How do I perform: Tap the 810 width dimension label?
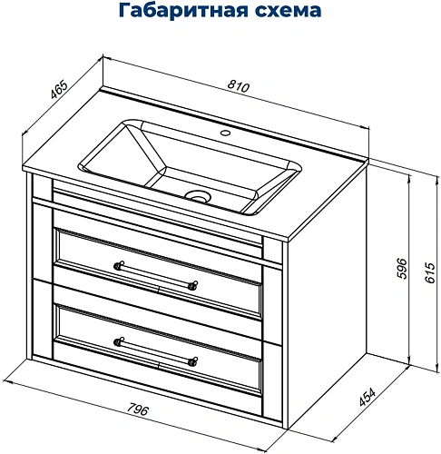pyautogui.click(x=239, y=84)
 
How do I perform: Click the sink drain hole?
pyautogui.click(x=196, y=195)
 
